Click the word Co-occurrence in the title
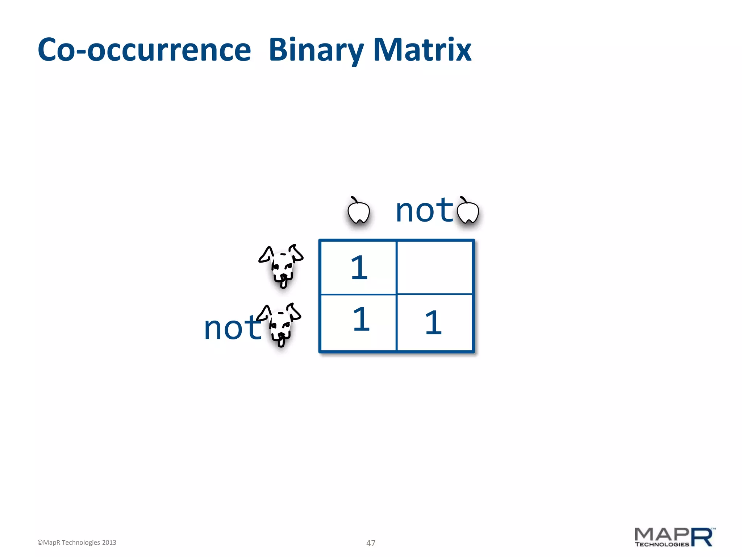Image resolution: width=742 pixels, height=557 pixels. pos(144,50)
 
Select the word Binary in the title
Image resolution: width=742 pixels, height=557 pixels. pos(316,50)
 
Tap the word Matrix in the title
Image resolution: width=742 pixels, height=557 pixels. pos(422,50)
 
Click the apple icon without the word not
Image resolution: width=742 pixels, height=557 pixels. pos(358,211)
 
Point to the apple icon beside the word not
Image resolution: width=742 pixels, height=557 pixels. pos(468,211)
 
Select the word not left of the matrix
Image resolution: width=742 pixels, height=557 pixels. pos(232,328)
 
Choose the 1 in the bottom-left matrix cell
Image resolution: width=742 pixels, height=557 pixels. pos(361,319)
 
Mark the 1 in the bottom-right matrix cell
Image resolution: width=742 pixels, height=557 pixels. pos(433,323)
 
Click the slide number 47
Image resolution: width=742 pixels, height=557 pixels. pos(371,543)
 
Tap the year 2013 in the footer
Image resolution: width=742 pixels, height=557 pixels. pos(109,542)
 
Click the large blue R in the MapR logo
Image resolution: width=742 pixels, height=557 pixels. pos(702,537)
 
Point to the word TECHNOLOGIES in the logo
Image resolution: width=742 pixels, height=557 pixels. pos(662,544)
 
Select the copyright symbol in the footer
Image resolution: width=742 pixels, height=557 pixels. pos(40,542)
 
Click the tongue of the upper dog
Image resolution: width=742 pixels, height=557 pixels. pos(284,282)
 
